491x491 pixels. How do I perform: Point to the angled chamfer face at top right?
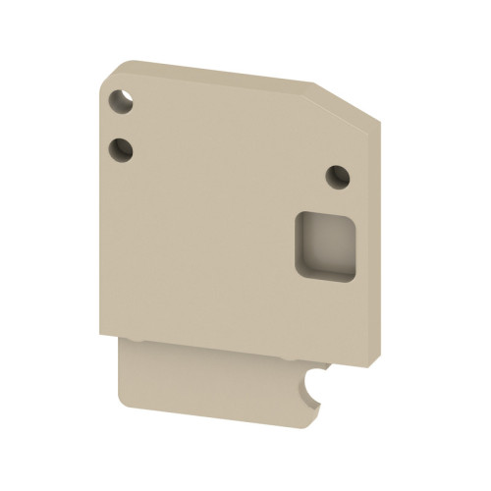[x=346, y=101]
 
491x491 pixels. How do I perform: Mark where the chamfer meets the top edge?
[x=312, y=83]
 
